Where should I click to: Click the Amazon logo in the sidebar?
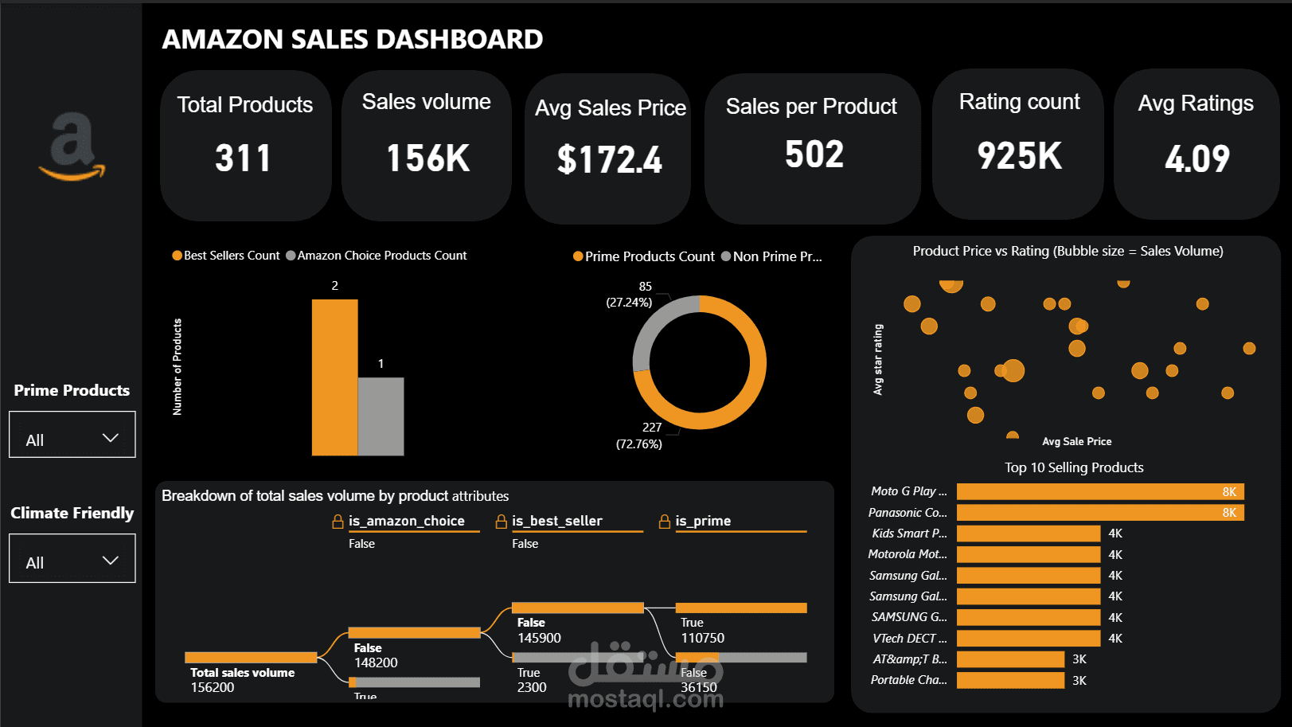pos(72,147)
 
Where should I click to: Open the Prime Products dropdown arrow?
pos(111,438)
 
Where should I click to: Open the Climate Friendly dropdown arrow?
pos(111,561)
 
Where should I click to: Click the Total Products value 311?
pos(244,158)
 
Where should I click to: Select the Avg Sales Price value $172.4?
pos(609,160)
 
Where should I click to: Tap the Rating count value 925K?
pos(1019,156)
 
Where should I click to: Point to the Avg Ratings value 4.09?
pos(1196,158)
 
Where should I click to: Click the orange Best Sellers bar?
pos(334,377)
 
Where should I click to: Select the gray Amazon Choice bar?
pos(381,416)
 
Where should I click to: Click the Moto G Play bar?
pos(1099,492)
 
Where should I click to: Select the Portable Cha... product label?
pos(908,680)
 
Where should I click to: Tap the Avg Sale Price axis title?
pos(1076,441)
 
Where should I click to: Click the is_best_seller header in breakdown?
pos(556,521)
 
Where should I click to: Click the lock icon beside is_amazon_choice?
pos(338,522)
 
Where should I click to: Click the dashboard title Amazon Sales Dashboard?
pos(352,39)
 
